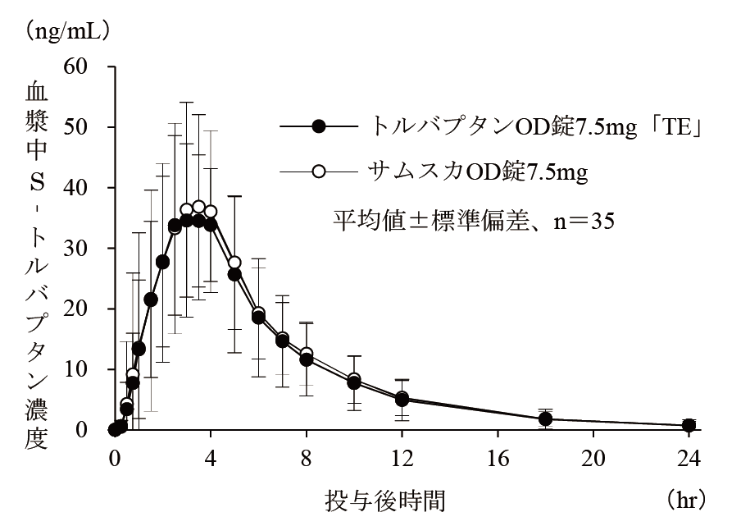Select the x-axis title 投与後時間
(385, 498)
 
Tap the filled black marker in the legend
(320, 126)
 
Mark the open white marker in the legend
(320, 172)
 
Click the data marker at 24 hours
(689, 425)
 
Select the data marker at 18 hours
(545, 419)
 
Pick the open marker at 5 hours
(234, 263)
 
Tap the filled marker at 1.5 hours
(151, 300)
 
